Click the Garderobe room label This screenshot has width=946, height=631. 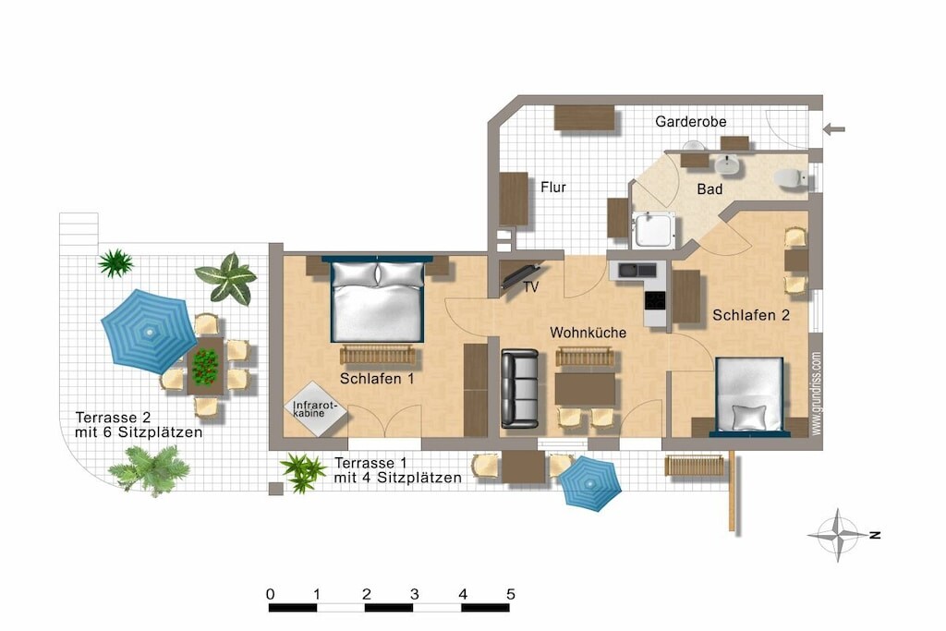690,121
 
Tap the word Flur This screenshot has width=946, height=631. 553,187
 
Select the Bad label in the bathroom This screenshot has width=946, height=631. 709,189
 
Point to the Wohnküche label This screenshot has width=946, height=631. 588,333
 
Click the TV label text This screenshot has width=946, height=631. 531,287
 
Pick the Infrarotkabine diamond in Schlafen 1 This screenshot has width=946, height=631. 316,408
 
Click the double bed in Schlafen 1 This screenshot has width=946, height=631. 377,300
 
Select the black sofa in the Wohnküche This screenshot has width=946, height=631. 519,389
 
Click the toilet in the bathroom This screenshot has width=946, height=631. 791,178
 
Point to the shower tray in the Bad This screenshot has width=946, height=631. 653,230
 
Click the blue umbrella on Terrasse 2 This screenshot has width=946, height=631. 148,331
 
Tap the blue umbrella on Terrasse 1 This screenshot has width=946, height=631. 588,483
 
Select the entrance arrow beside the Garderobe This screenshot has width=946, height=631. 834,128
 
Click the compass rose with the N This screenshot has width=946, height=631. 838,535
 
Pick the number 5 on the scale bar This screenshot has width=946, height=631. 510,594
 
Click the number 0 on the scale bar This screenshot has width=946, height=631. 271,594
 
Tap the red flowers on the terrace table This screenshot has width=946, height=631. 205,366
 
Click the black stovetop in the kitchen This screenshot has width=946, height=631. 655,300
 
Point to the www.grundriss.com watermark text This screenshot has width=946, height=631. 816,394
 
